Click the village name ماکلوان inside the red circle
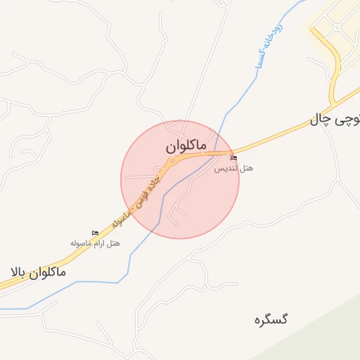coord(186,146)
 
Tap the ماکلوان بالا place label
coord(38,271)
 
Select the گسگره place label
coord(271,319)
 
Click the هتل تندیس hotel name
coord(233,169)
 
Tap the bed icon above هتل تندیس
coord(234,158)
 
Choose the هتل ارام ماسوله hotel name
coord(95,243)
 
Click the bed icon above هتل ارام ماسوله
coord(95,233)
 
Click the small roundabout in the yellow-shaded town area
coord(336,28)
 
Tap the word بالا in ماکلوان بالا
coord(20,271)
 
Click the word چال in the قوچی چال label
coord(319,121)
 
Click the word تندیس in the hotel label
coord(225,169)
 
